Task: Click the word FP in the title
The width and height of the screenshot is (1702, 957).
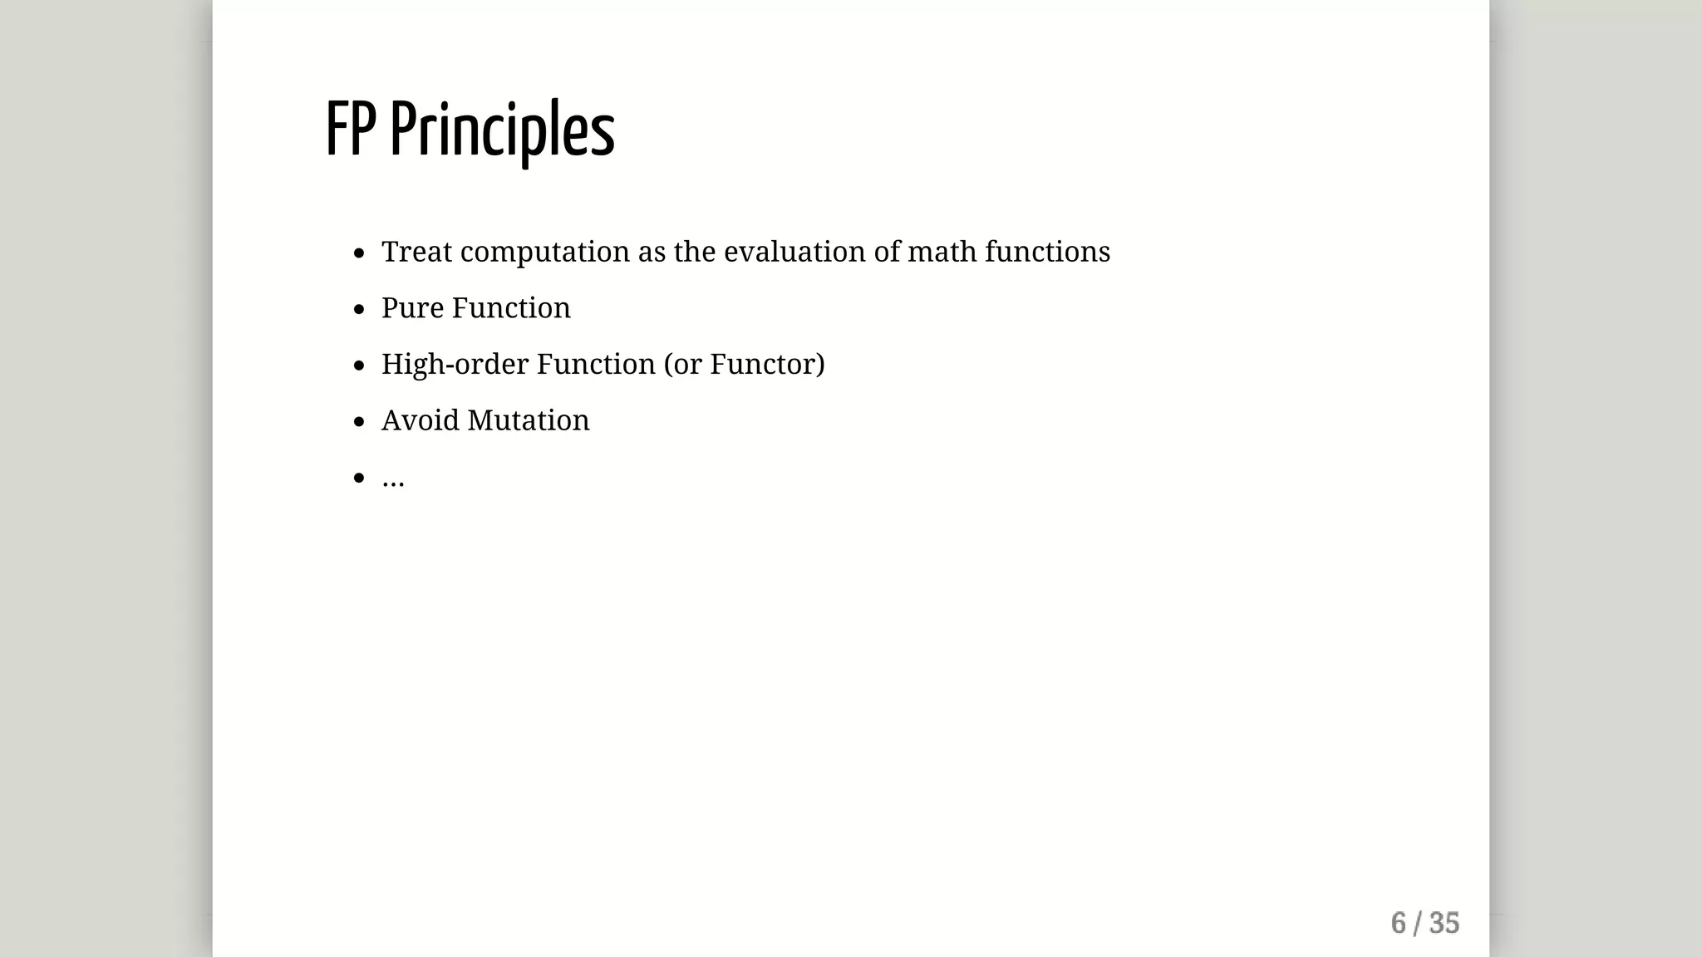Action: (350, 130)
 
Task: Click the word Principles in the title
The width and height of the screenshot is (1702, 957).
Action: (502, 131)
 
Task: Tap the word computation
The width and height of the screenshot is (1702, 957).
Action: (545, 252)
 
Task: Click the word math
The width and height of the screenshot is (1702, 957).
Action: (942, 252)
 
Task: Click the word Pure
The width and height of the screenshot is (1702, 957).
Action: (412, 308)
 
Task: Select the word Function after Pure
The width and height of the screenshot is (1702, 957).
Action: (511, 308)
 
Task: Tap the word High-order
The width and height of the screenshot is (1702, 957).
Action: (455, 365)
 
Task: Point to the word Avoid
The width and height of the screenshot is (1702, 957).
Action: (420, 420)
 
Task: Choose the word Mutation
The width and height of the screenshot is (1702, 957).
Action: (529, 420)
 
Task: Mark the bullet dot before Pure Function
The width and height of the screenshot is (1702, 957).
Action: (359, 310)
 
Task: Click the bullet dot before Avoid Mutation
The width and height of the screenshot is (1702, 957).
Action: (359, 422)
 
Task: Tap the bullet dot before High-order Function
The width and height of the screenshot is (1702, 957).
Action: (359, 366)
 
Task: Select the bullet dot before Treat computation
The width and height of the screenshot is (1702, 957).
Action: (359, 253)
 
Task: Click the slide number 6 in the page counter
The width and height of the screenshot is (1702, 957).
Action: (1398, 923)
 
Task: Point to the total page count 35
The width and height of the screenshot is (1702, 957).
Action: (1444, 923)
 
